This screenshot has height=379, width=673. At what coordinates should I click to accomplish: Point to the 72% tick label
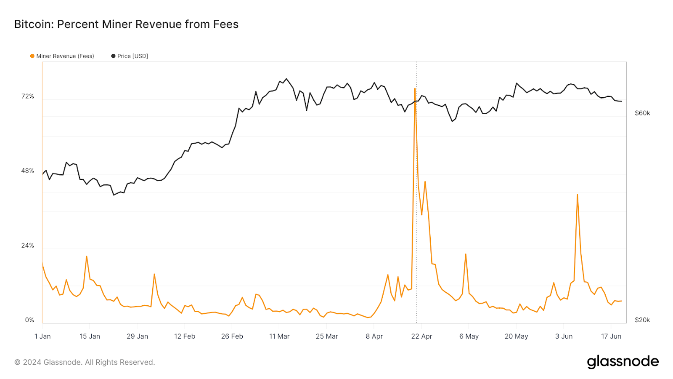point(28,96)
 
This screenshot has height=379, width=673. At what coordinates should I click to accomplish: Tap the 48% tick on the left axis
point(28,171)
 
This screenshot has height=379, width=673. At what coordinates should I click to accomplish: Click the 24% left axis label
point(28,246)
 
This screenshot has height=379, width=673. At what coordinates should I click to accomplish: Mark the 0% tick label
point(29,320)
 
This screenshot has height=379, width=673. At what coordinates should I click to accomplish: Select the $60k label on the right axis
point(642,113)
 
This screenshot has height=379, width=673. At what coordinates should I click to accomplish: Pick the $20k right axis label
point(642,320)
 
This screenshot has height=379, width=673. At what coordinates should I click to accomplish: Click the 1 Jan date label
point(42,336)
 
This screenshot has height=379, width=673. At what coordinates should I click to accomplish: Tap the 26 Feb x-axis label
point(232,336)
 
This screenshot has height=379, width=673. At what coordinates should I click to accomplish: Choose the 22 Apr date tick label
point(421,336)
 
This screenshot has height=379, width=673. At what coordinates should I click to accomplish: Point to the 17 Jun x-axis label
point(611,336)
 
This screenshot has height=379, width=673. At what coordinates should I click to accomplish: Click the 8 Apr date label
point(374,336)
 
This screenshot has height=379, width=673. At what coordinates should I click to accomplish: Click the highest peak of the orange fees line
point(415,88)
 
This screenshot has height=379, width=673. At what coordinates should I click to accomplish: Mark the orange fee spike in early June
point(577,195)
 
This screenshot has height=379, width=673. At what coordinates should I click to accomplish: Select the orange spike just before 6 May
point(466,254)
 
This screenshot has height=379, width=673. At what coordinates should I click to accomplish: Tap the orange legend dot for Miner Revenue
point(32,56)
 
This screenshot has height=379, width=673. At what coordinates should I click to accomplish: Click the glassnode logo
point(623,362)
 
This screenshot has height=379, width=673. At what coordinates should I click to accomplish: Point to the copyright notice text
point(85,362)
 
